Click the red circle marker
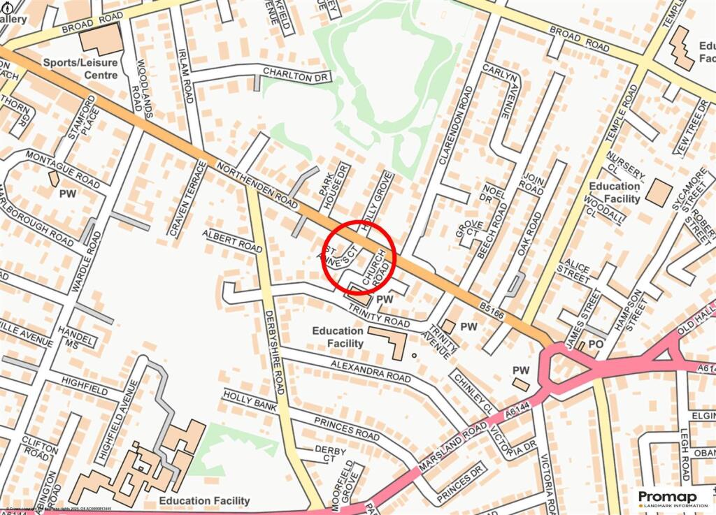point(360,255)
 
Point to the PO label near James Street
point(596,344)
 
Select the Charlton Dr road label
point(295,73)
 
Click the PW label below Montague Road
point(68,192)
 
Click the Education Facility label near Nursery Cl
point(615,192)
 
